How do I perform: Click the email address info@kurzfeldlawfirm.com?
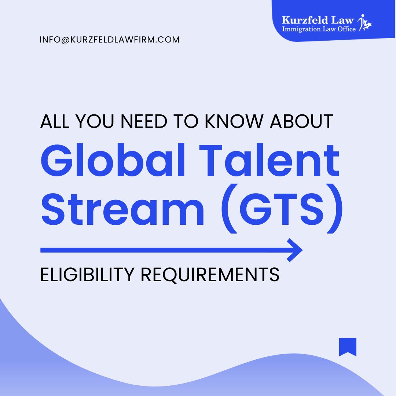pos(110,40)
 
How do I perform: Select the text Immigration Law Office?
pos(318,29)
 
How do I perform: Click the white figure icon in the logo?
pos(366,23)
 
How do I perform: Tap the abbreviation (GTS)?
pos(284,211)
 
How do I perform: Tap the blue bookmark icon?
pos(348,347)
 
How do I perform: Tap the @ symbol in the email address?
pos(61,40)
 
